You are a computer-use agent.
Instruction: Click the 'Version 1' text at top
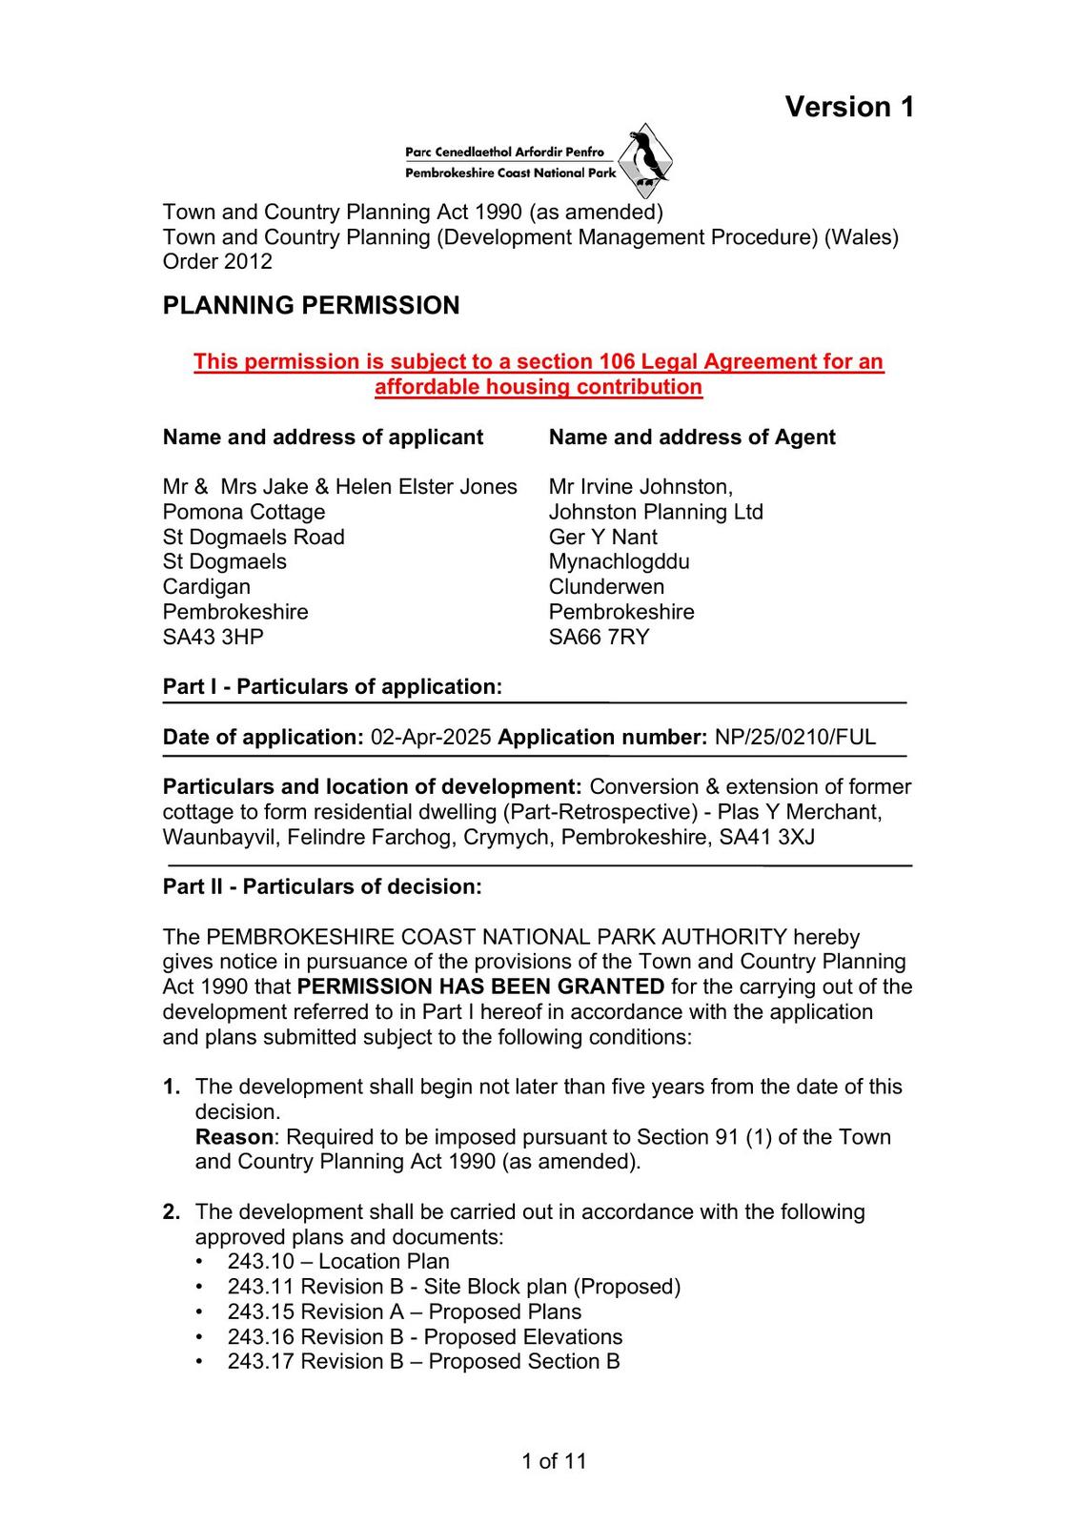click(849, 107)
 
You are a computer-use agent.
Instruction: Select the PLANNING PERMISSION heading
click(311, 306)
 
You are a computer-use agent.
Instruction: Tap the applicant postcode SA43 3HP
click(214, 637)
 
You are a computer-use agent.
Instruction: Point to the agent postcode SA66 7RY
click(599, 637)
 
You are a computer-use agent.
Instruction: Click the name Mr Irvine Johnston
click(641, 487)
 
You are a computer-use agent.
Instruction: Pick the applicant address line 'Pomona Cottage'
click(244, 512)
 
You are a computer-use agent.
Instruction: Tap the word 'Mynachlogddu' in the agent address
click(619, 561)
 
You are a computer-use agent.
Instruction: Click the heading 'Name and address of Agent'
click(692, 437)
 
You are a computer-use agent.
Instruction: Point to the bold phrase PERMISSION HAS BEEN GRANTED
click(480, 986)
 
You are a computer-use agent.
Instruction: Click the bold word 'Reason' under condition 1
click(234, 1137)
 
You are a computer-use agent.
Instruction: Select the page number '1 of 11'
click(554, 1461)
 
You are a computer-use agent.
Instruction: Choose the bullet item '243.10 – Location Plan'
click(338, 1262)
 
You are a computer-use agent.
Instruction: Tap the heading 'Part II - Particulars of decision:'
click(322, 886)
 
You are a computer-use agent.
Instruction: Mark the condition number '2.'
click(172, 1212)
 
